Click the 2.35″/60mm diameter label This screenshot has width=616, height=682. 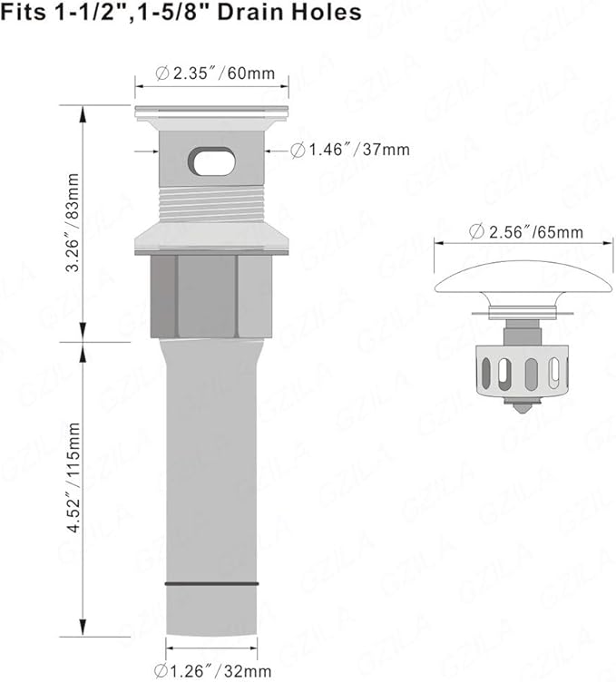215,73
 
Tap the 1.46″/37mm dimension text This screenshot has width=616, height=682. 350,150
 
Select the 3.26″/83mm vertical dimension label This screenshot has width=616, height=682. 73,222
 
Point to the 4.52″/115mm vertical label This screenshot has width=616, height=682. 73,477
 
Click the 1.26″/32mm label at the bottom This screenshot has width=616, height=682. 212,670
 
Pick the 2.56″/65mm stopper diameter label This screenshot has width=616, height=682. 526,232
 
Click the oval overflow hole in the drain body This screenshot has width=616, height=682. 212,161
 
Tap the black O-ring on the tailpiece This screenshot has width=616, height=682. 212,584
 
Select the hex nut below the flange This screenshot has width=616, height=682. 211,297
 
